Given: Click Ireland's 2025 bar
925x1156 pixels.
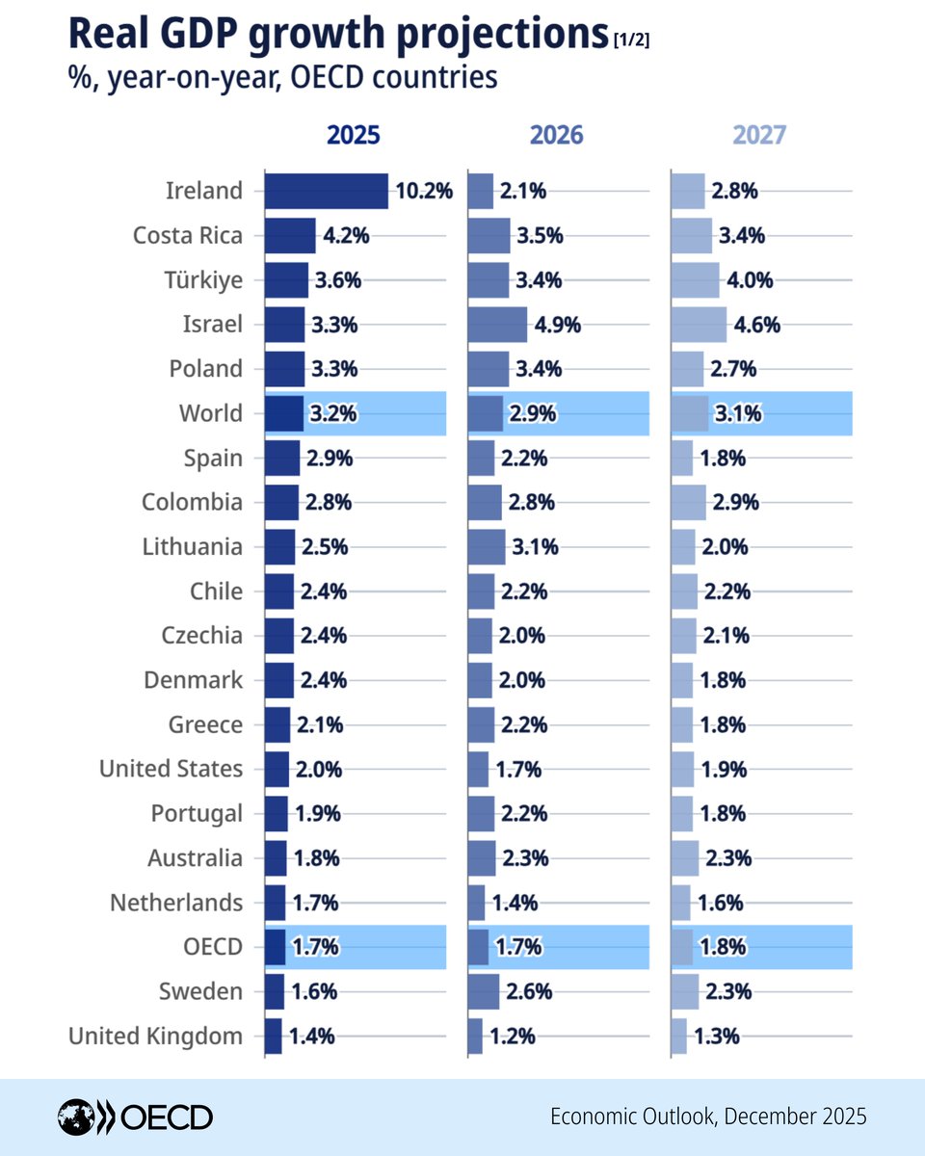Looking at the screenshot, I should pyautogui.click(x=326, y=191).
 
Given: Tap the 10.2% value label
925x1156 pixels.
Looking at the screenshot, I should pyautogui.click(x=424, y=191).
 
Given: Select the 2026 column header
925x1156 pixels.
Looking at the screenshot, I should pyautogui.click(x=557, y=135).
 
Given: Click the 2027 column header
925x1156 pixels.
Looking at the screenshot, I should pyautogui.click(x=759, y=135).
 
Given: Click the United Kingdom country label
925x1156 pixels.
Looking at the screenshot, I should pyautogui.click(x=155, y=1037).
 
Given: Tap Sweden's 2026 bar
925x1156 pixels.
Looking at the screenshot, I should pyautogui.click(x=484, y=991).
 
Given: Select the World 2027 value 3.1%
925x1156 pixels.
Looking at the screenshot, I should pyautogui.click(x=738, y=414).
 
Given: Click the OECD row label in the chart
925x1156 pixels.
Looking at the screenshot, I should pyautogui.click(x=212, y=947).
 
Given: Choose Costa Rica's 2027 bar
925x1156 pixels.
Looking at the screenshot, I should pyautogui.click(x=692, y=235).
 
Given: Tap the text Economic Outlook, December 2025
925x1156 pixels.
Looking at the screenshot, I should pyautogui.click(x=708, y=1117).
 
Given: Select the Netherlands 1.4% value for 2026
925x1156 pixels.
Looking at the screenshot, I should pyautogui.click(x=515, y=904).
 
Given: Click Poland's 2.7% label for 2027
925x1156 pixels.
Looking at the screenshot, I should pyautogui.click(x=733, y=369).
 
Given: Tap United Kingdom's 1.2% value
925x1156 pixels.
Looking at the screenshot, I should pyautogui.click(x=513, y=1037).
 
